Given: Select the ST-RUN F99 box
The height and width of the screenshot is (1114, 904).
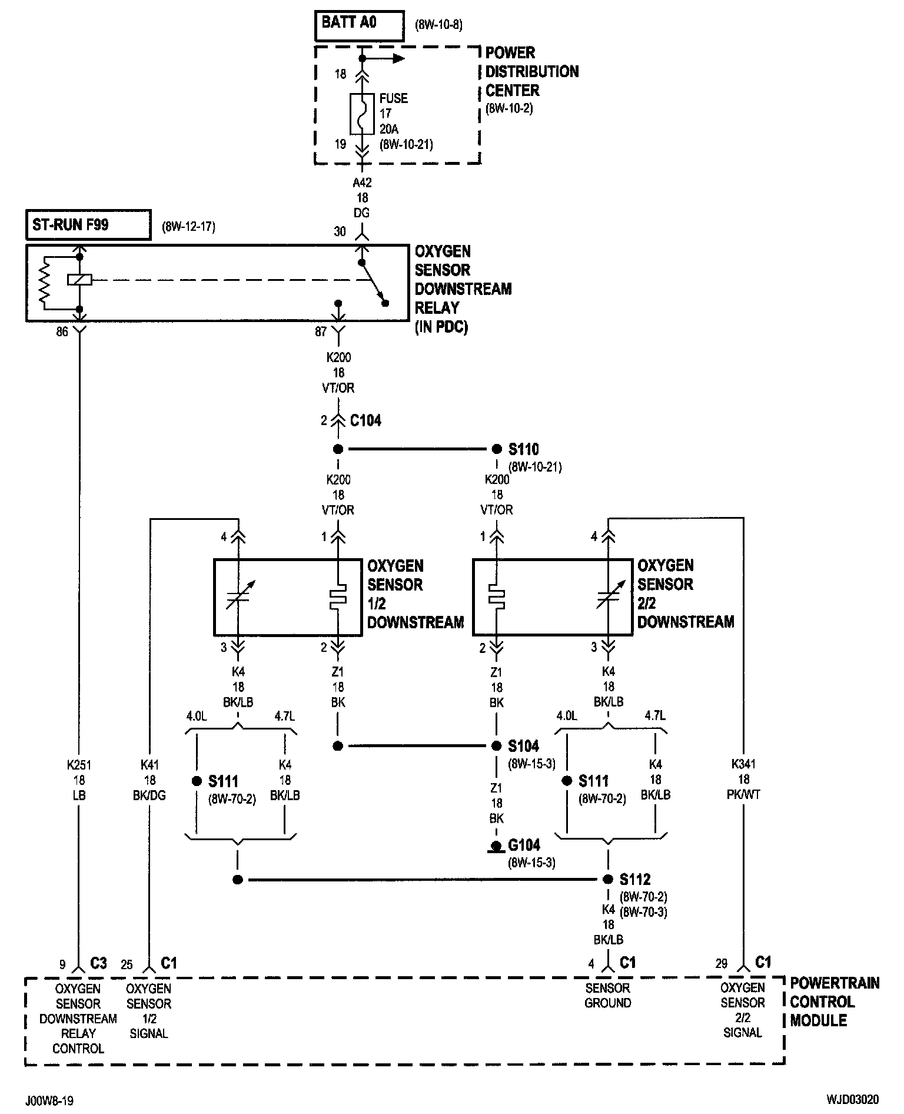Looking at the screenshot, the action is click(88, 225).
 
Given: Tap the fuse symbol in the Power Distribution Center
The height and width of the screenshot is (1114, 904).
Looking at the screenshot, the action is click(361, 114).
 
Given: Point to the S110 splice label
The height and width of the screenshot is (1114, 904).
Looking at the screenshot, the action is click(523, 450).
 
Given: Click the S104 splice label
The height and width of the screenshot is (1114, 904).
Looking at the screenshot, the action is click(523, 747).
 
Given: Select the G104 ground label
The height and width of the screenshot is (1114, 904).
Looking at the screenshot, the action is click(524, 846).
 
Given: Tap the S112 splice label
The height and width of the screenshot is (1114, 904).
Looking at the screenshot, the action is click(635, 880).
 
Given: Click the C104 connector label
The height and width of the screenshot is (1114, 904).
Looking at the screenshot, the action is click(365, 421).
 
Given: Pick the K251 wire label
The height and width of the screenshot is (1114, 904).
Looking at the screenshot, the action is click(79, 765).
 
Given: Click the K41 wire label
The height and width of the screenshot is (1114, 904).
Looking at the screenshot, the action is click(149, 765).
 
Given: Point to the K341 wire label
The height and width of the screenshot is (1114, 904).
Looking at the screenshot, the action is click(743, 764).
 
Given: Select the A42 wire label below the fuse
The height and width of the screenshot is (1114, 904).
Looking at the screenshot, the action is click(362, 183).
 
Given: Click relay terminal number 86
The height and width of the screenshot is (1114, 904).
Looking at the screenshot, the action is click(62, 332).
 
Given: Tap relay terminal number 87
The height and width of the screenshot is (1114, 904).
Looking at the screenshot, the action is click(321, 332).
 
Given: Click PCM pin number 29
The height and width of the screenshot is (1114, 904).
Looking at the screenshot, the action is click(722, 964).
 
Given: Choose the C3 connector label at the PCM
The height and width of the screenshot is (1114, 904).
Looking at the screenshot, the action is click(98, 963).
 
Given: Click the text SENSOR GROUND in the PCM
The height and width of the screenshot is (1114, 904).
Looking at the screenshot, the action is click(608, 995).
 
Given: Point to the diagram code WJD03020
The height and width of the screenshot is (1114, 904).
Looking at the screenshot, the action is click(852, 1100).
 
